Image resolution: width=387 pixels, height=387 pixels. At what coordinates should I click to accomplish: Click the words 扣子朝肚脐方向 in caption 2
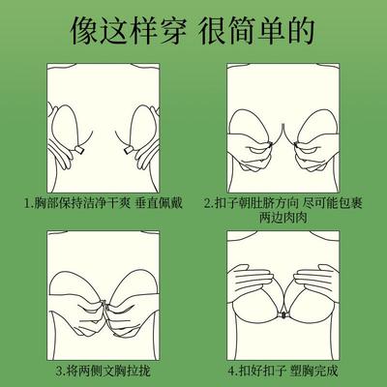pos(258,205)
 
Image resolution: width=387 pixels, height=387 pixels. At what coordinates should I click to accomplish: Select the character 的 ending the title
pos(306,31)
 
